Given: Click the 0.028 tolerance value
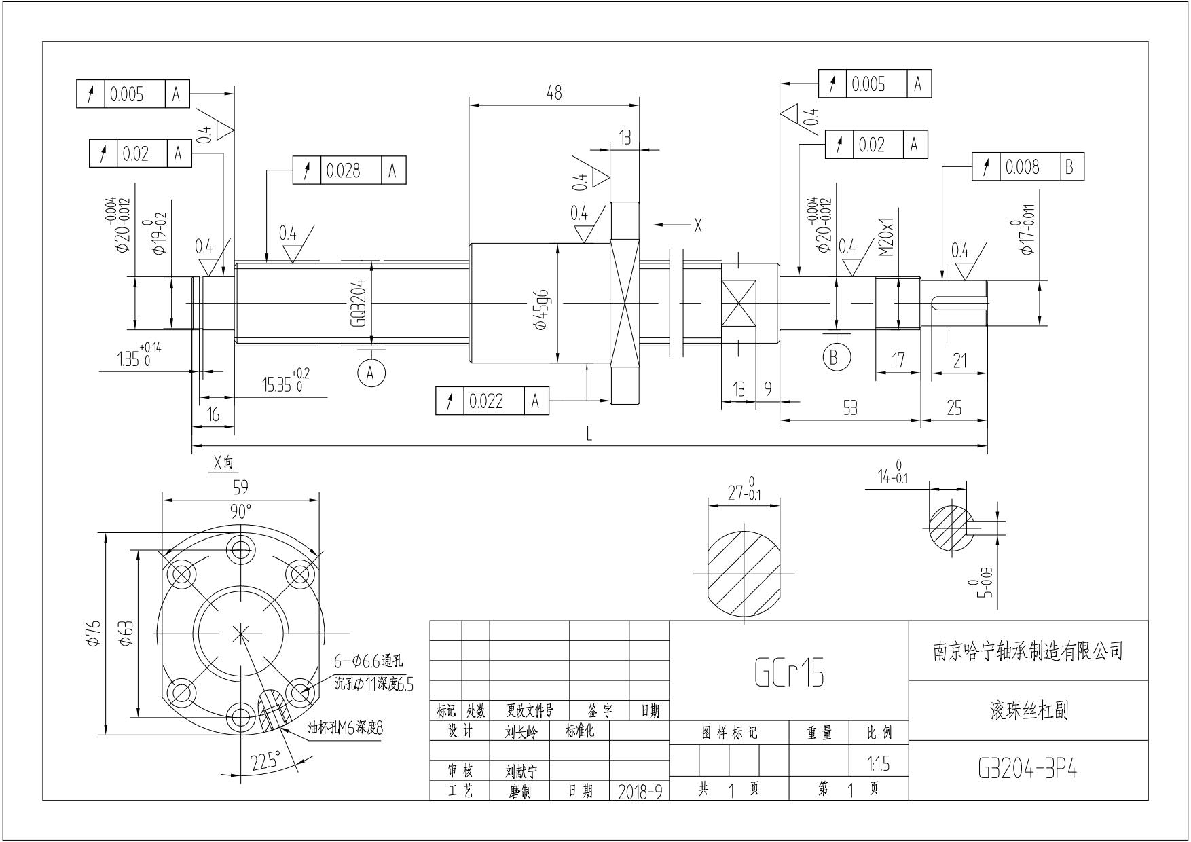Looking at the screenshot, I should [343, 170].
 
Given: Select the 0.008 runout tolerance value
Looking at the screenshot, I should [1022, 167].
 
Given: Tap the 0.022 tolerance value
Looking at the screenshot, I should [486, 401].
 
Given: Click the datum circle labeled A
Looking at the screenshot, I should [371, 373].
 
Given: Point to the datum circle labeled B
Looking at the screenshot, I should [835, 356].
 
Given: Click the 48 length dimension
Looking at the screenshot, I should [554, 92].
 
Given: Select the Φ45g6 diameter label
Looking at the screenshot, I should [542, 310].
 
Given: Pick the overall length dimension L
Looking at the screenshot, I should [589, 434].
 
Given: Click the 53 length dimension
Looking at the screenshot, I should [849, 407].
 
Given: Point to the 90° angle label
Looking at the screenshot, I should [240, 511].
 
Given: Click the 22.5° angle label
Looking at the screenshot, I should [265, 762].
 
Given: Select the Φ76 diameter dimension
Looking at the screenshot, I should [93, 633].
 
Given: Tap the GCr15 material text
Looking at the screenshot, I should [789, 672].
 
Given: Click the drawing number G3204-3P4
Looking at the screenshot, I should [1027, 769].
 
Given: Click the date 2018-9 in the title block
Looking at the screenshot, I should [640, 792].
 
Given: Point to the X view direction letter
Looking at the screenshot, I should [697, 225].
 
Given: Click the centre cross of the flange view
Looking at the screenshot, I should [240, 634].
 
